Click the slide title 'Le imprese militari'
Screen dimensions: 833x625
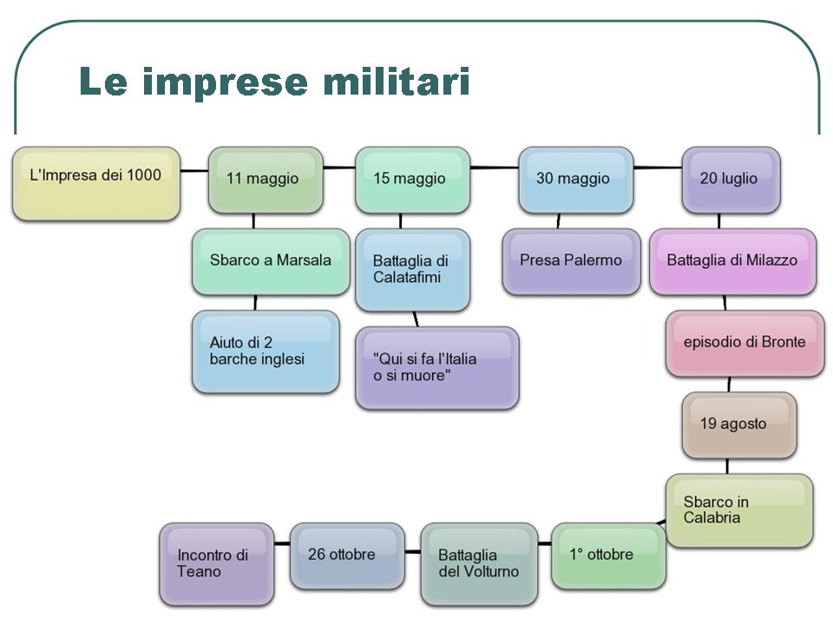[x=274, y=82]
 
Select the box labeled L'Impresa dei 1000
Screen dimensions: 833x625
[x=96, y=183]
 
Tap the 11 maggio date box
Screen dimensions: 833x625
[x=265, y=179]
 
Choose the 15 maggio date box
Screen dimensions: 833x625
[x=412, y=179]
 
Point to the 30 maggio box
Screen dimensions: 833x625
[x=575, y=179]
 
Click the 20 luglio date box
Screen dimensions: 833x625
[x=730, y=179]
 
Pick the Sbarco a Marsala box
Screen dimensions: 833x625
[x=271, y=260]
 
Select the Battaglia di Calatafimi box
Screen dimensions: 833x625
[x=412, y=269]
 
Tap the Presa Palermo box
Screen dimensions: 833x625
[x=571, y=260]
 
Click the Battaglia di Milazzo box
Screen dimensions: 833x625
[x=732, y=260]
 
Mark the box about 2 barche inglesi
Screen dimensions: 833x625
[x=265, y=351]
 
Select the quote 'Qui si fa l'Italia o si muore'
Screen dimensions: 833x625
[x=436, y=367]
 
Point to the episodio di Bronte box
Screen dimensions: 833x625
[x=744, y=342]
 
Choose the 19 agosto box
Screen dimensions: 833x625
[x=738, y=424]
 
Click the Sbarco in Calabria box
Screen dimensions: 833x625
[x=739, y=510]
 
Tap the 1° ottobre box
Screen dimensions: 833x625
[x=608, y=555]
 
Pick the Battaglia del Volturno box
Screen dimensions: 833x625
[x=479, y=563]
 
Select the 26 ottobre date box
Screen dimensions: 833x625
[x=346, y=555]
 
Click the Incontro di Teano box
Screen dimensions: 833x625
[x=216, y=563]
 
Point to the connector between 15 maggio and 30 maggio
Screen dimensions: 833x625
[x=495, y=167]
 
